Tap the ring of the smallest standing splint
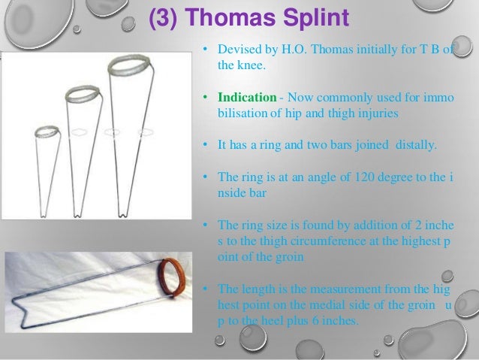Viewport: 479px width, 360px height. [x=47, y=132]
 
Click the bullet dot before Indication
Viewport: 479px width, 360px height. [x=203, y=98]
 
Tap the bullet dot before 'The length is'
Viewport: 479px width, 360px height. [x=203, y=289]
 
